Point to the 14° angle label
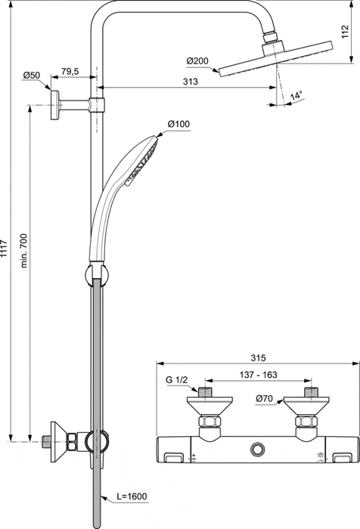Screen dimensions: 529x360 click(296, 96)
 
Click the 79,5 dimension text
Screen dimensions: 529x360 click(70, 71)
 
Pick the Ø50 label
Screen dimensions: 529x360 click(32, 75)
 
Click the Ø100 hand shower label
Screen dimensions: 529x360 click(178, 124)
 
